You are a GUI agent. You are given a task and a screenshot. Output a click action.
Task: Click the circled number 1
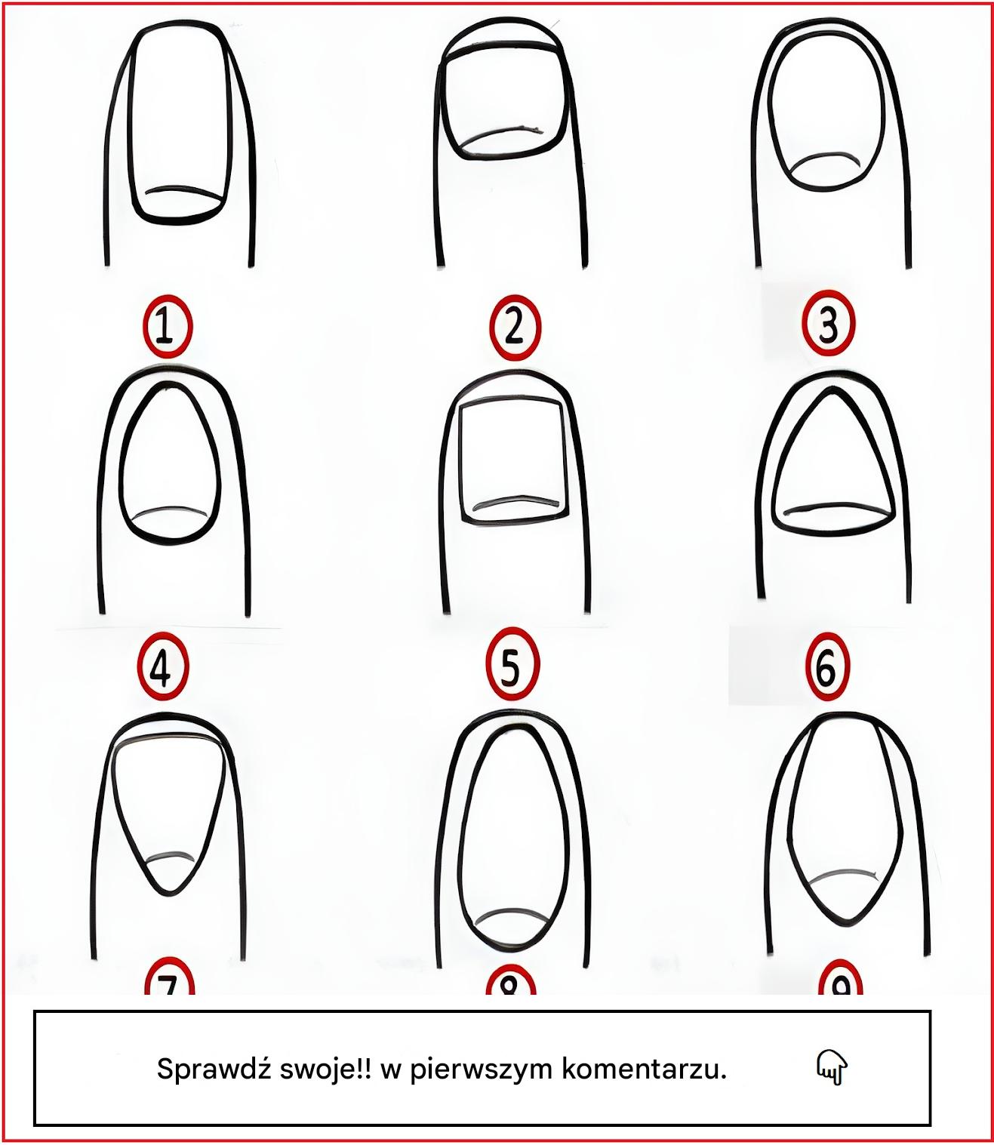tap(168, 326)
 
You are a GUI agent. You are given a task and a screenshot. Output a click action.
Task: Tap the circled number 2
tap(515, 326)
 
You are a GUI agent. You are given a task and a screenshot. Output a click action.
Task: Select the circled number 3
tap(829, 324)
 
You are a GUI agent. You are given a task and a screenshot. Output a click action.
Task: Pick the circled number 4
tap(164, 666)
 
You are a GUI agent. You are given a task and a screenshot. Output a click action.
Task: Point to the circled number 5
tap(512, 665)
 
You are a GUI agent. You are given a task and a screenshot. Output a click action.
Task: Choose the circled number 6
tap(826, 666)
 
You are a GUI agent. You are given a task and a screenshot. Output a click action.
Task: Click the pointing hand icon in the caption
tap(832, 1067)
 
